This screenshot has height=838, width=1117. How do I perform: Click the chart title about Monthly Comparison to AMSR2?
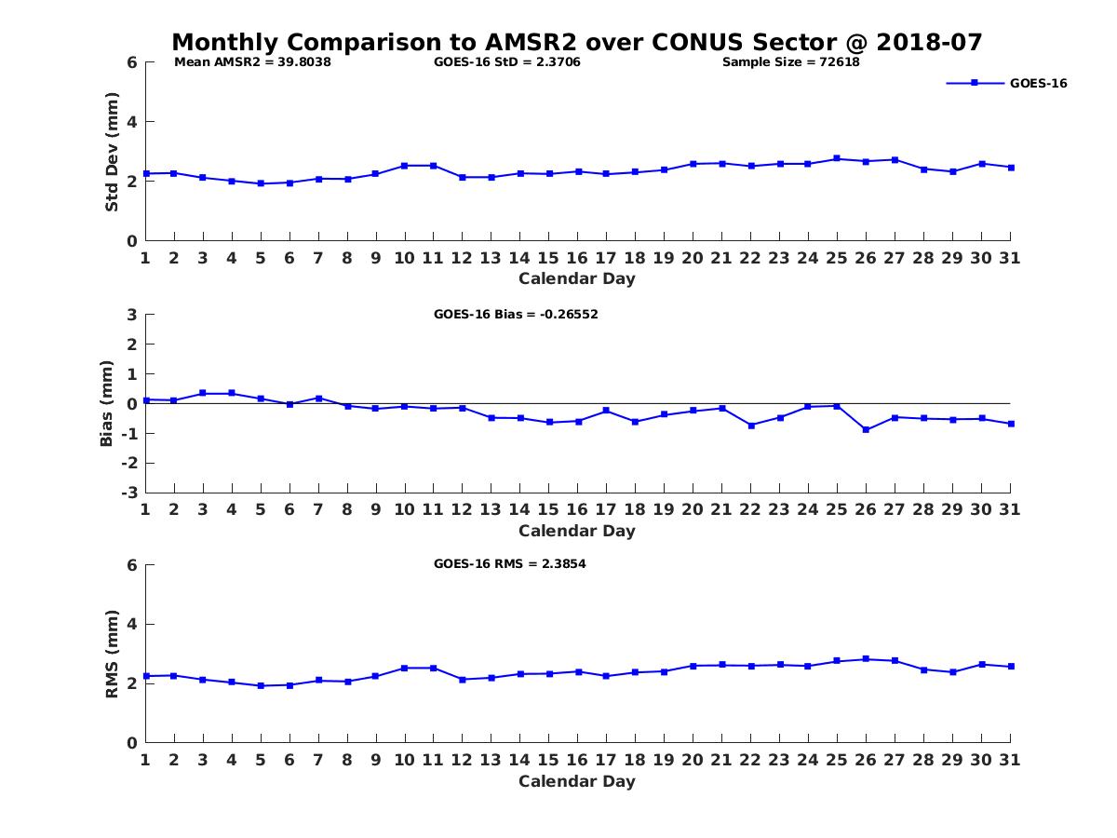point(577,43)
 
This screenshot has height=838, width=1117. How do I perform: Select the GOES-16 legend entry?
point(1038,83)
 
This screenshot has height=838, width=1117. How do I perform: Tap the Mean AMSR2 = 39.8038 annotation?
point(253,62)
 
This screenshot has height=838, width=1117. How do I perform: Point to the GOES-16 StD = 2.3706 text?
point(507,62)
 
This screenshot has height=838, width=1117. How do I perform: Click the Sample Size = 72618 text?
point(790,62)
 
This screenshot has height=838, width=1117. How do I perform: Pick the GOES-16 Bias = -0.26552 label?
point(516,314)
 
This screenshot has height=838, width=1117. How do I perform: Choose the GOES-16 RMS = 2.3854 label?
point(509,563)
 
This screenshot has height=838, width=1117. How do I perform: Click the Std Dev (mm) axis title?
point(112,152)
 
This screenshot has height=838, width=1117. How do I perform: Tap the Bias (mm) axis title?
point(107,403)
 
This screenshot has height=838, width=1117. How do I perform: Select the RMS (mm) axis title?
point(112,654)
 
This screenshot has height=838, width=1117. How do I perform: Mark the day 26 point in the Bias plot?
point(866,429)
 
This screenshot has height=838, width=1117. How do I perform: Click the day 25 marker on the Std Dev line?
point(837,158)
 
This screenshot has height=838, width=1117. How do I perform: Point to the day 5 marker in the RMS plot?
point(261,685)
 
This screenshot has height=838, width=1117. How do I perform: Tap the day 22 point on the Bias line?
point(750,425)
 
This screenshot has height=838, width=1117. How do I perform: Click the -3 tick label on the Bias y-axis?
point(131,493)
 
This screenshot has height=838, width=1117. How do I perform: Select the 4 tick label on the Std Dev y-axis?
point(132,122)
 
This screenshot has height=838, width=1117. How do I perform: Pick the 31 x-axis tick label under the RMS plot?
point(1010,760)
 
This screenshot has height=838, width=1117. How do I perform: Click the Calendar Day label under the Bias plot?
point(577,531)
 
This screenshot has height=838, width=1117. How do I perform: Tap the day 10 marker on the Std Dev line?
point(405,166)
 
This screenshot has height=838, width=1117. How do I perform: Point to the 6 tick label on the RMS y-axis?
point(132,565)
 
